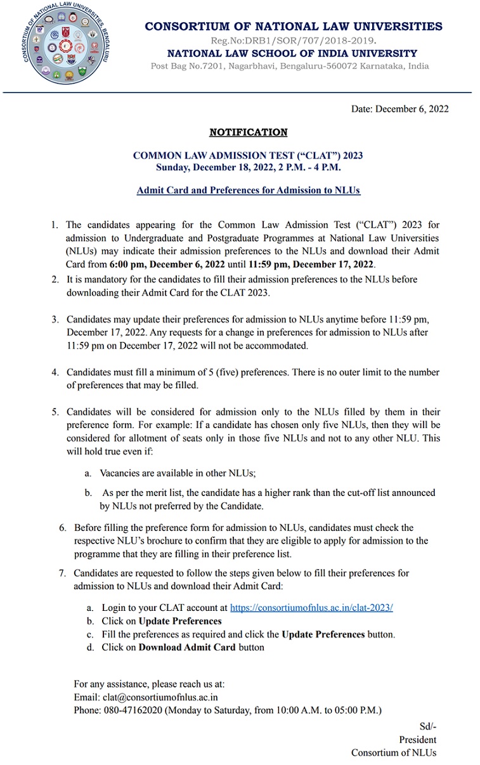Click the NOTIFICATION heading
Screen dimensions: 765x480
(248, 132)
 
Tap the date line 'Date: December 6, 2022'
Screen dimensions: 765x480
(399, 108)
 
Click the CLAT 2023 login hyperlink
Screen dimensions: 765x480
(311, 607)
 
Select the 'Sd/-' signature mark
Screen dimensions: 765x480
(427, 726)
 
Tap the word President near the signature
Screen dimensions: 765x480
(417, 740)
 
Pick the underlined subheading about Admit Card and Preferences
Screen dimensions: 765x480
(248, 190)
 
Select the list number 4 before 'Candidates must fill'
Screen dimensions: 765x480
(56, 372)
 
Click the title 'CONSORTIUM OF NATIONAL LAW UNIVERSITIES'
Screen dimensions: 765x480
(294, 26)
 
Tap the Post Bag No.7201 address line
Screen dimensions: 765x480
(289, 66)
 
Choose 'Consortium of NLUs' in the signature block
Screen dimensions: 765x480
(394, 753)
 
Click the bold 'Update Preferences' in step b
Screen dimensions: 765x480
(180, 621)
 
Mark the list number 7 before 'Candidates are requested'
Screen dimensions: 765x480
(63, 573)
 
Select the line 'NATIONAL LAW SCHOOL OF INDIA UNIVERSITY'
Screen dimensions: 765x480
(292, 53)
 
